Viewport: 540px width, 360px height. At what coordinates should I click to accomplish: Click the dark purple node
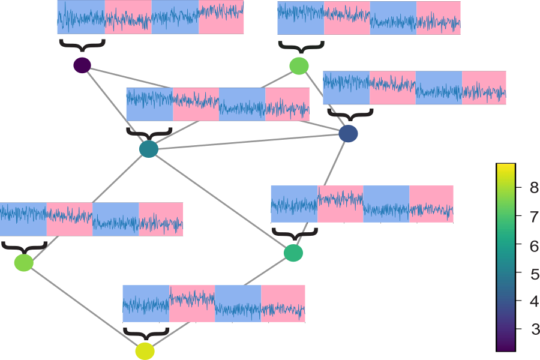[x=82, y=65]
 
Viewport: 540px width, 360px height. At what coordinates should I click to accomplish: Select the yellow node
[x=145, y=351]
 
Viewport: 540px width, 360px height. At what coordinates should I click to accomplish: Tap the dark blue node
[x=348, y=134]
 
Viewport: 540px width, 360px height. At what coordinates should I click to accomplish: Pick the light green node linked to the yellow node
[x=23, y=262]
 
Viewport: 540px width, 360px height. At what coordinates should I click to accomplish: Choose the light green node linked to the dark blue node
[x=299, y=65]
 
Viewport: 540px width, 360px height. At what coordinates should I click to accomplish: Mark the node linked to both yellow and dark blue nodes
[x=293, y=253]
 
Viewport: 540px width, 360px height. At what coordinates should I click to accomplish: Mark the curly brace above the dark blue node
[x=350, y=113]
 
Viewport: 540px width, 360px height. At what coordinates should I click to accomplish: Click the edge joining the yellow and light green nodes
[x=84, y=307]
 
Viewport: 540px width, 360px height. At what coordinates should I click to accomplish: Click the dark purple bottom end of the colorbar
[x=506, y=347]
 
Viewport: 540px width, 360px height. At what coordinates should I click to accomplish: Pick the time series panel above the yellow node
[x=214, y=304]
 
